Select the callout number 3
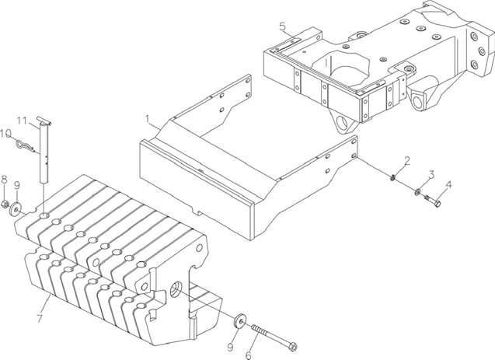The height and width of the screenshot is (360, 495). (431, 173)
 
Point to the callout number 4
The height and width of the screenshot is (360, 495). (448, 184)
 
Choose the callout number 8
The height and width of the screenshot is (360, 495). (4, 180)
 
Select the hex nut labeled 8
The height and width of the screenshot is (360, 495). (5, 206)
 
